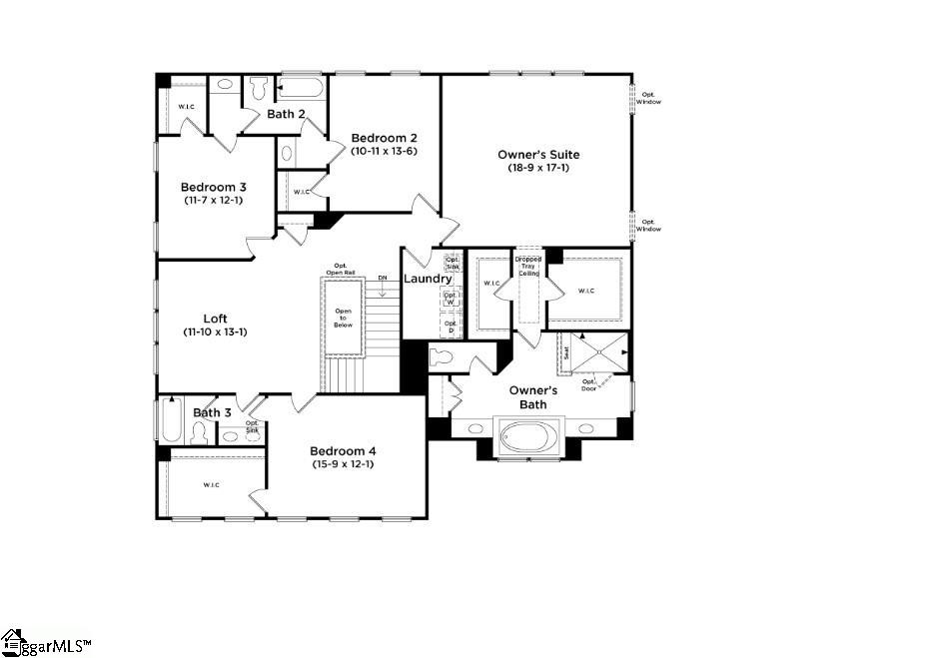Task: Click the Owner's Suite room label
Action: (x=538, y=155)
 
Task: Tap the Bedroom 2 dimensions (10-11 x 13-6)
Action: (x=383, y=152)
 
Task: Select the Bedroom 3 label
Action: (x=213, y=187)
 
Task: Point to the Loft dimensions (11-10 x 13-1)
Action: (x=215, y=331)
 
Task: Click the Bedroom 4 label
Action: (x=343, y=450)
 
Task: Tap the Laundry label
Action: (x=428, y=279)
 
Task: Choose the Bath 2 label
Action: (x=286, y=114)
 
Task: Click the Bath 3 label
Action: (x=212, y=412)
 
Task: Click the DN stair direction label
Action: (x=383, y=278)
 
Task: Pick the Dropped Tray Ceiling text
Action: (x=527, y=267)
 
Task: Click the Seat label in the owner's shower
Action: (x=567, y=352)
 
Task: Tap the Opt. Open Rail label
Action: (x=339, y=270)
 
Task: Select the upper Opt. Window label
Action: (x=649, y=98)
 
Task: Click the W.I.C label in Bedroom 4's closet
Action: (x=211, y=485)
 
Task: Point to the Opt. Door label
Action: (x=589, y=384)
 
